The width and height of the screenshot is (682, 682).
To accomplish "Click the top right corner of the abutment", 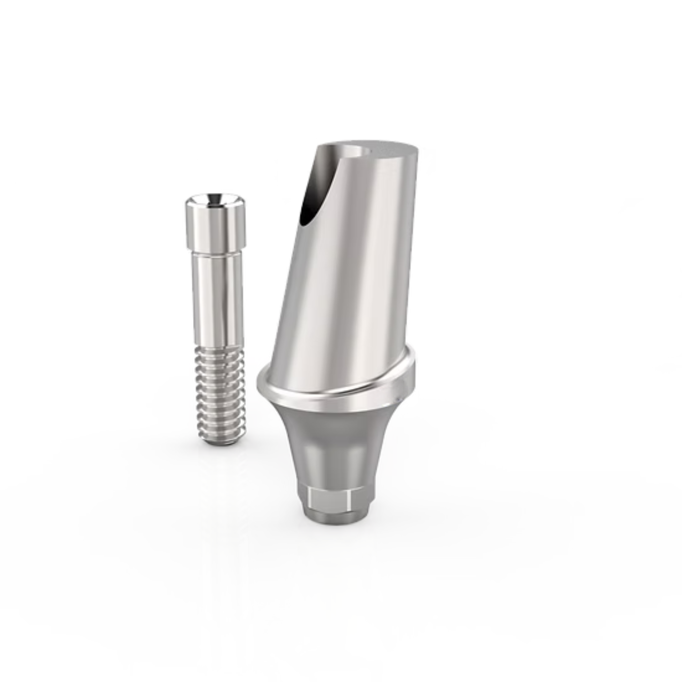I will pyautogui.click(x=417, y=148).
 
